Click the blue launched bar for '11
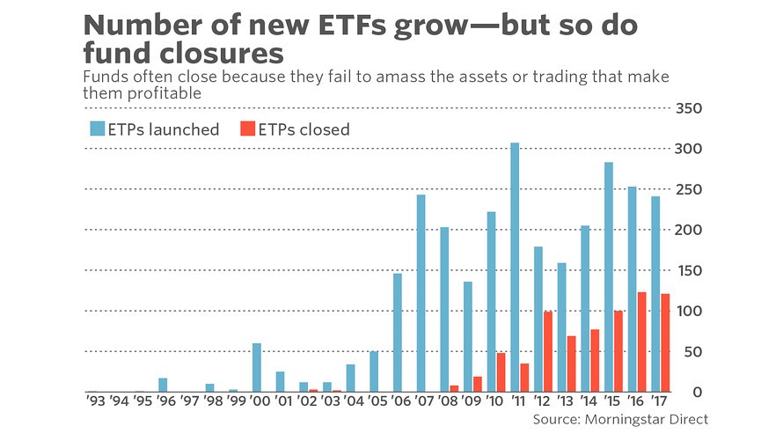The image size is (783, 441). coord(515,268)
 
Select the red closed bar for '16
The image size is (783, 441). coord(641,342)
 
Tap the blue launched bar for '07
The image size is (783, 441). coord(421,293)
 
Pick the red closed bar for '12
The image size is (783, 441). coord(548,351)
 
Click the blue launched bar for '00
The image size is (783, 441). coord(257,368)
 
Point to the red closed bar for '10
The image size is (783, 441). coord(501,372)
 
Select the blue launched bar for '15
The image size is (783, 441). coord(608,277)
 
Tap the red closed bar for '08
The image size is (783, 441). coord(454,388)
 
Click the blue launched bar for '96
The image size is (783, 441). coord(163,385)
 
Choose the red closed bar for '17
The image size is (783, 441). coord(665,343)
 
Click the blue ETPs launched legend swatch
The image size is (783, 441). coord(98,129)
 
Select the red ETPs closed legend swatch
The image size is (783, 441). coord(248,129)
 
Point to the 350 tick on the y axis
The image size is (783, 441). coord(689,108)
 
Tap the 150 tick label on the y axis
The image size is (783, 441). coord(689,271)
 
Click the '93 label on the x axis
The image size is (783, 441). coord(95,401)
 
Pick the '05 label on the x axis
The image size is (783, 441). coord(377,401)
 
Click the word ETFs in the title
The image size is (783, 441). coord(353,25)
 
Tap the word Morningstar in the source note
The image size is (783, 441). coord(626,420)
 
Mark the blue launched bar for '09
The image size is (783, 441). coord(468,337)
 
